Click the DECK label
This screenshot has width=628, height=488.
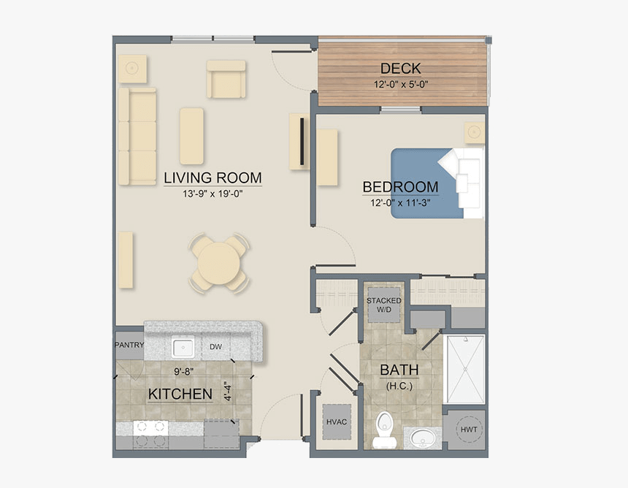pyautogui.click(x=400, y=69)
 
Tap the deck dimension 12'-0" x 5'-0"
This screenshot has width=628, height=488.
pyautogui.click(x=400, y=83)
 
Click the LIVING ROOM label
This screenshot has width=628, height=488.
pyautogui.click(x=212, y=178)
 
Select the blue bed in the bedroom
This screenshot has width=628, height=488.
pyautogui.click(x=427, y=183)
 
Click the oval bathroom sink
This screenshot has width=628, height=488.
pyautogui.click(x=423, y=438)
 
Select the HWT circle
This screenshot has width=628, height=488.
pyautogui.click(x=468, y=430)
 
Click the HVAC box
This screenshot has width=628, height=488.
pyautogui.click(x=336, y=422)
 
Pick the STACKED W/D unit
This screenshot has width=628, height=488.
pyautogui.click(x=384, y=305)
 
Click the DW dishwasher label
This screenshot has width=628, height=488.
pyautogui.click(x=216, y=346)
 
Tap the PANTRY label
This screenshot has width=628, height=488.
pyautogui.click(x=129, y=346)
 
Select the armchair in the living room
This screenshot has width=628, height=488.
pyautogui.click(x=226, y=79)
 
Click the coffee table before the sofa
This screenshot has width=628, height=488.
pyautogui.click(x=191, y=136)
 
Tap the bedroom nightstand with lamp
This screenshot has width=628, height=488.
pyautogui.click(x=475, y=132)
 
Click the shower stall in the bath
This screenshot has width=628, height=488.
pyautogui.click(x=465, y=369)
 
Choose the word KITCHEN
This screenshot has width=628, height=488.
pyautogui.click(x=180, y=394)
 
